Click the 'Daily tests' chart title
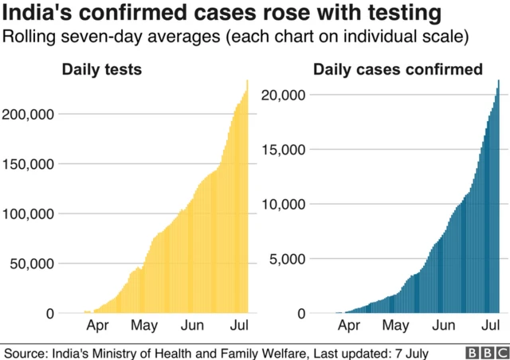(102, 70)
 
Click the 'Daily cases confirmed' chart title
(398, 70)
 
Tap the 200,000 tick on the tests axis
(29, 114)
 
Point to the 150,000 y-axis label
(29, 164)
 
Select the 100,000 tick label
(29, 213)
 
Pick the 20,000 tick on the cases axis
(284, 95)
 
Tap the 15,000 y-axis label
(284, 150)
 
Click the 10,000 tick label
(284, 204)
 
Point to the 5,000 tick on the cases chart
(288, 259)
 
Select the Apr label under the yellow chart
(97, 326)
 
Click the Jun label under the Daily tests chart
(192, 326)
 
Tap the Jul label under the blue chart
(491, 326)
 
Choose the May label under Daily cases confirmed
(395, 326)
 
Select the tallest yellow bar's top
(247, 80)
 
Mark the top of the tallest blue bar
(498, 80)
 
